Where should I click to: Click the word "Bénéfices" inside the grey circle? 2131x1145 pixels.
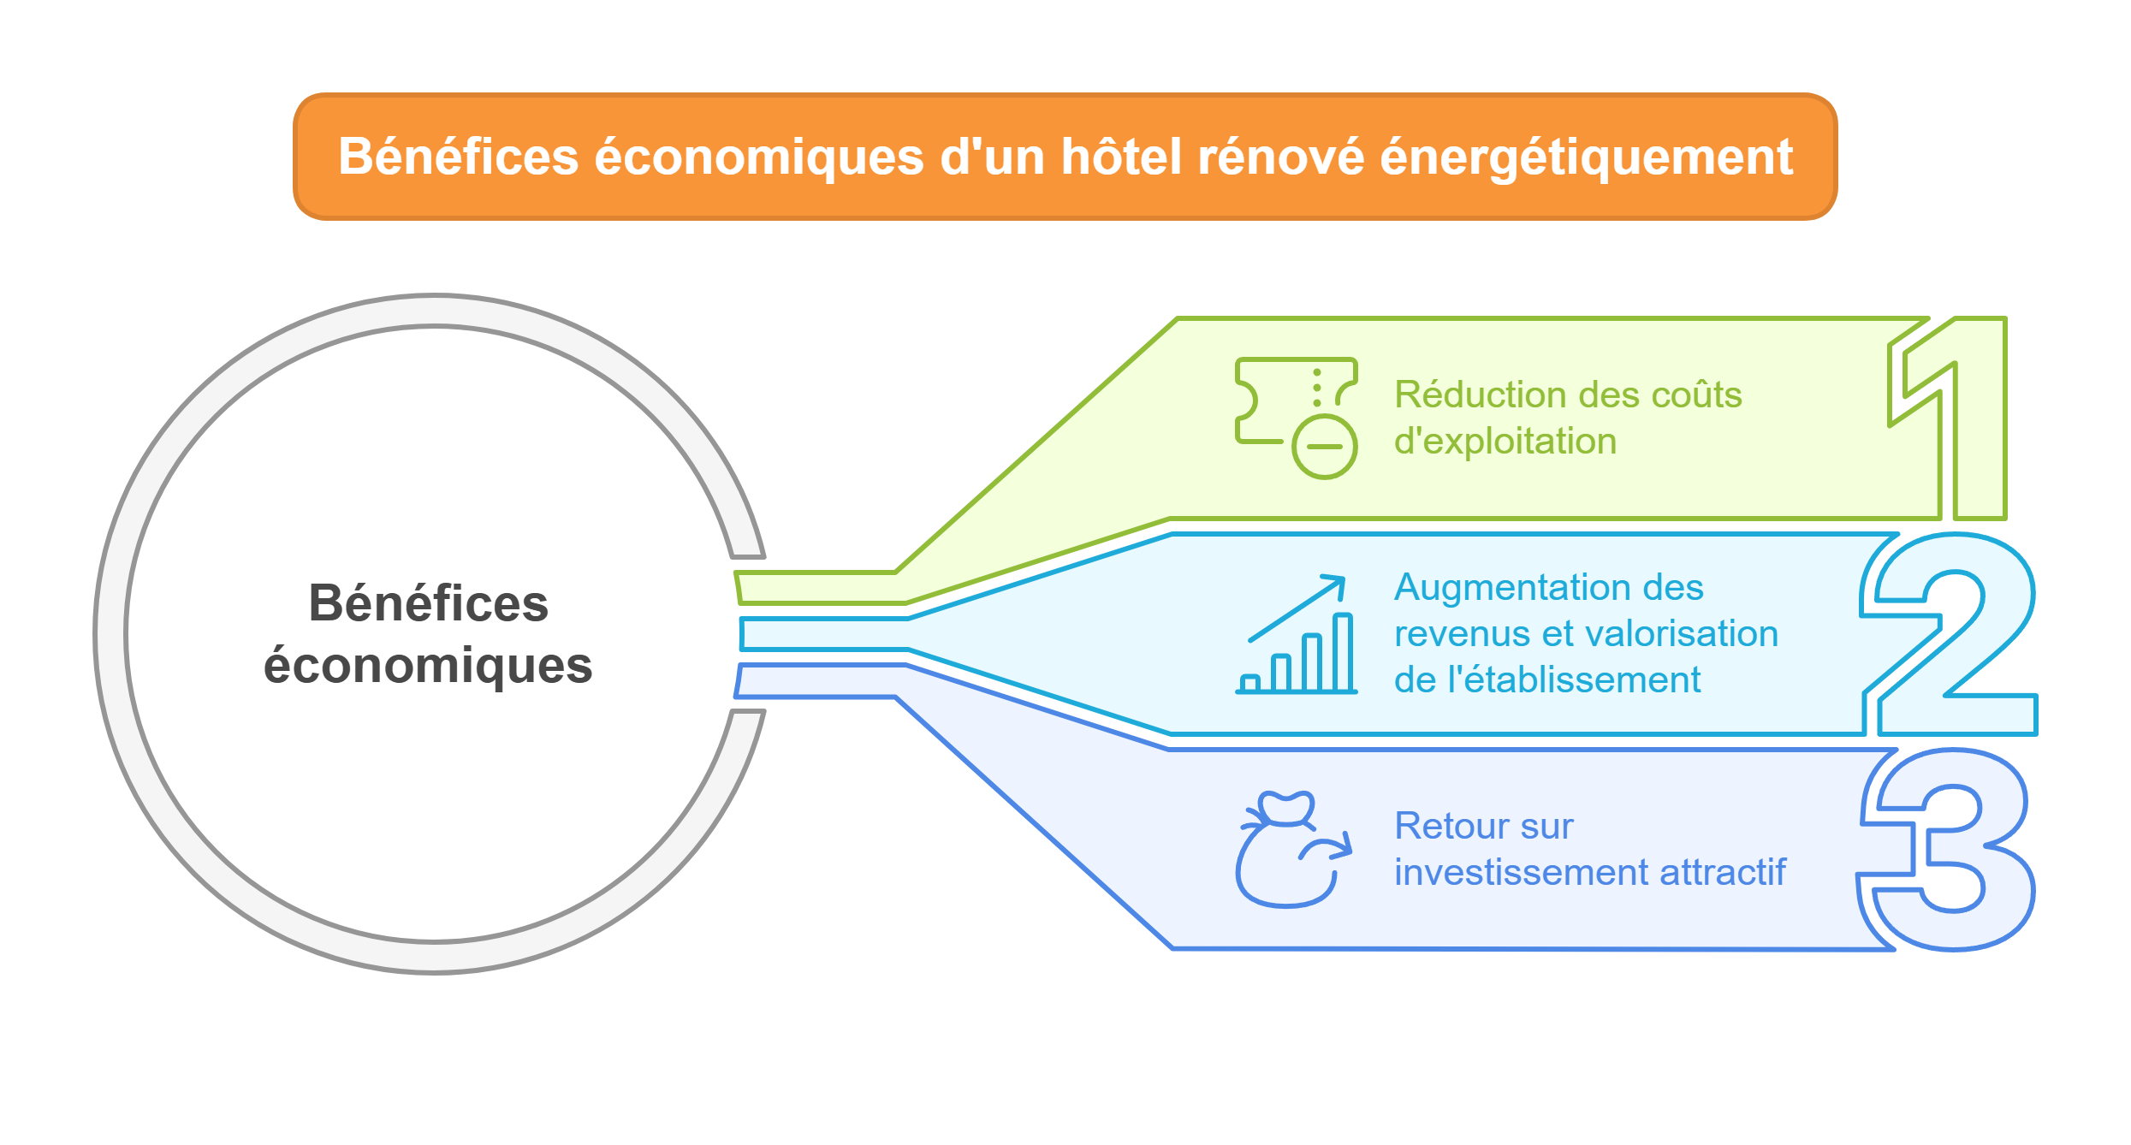click(428, 603)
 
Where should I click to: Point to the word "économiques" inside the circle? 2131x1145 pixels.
click(428, 666)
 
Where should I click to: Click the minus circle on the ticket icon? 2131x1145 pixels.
click(1324, 447)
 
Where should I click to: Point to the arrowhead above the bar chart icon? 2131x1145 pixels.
click(1335, 584)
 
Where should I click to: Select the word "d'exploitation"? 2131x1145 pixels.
click(1505, 442)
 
